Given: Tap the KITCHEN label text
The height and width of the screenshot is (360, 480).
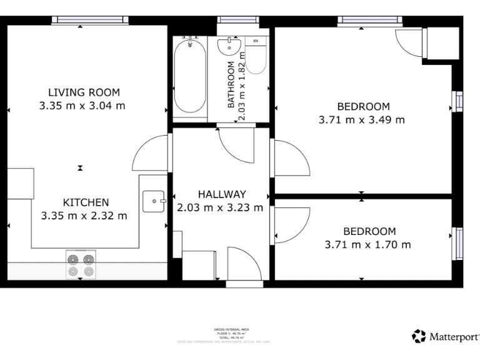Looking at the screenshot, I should click(x=86, y=202).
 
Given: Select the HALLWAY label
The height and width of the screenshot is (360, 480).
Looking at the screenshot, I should click(x=222, y=194).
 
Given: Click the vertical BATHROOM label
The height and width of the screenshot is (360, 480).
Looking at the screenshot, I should click(x=231, y=84).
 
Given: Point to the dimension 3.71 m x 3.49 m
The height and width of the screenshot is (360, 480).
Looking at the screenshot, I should click(x=362, y=120).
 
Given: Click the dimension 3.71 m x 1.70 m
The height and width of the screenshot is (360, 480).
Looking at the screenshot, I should click(x=367, y=245).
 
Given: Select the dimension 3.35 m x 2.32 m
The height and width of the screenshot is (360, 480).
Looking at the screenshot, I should click(x=84, y=216).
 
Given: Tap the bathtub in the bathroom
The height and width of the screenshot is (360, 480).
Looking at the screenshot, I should click(x=189, y=76).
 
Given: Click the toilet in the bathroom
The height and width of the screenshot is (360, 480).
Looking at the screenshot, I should click(x=256, y=56).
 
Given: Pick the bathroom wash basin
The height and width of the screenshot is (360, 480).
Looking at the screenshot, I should click(x=230, y=46).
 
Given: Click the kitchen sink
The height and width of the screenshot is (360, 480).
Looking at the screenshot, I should click(x=152, y=201).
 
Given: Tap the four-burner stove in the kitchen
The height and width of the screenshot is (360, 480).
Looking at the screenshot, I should click(x=81, y=265).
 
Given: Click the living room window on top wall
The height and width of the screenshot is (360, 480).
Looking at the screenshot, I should click(x=80, y=21).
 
